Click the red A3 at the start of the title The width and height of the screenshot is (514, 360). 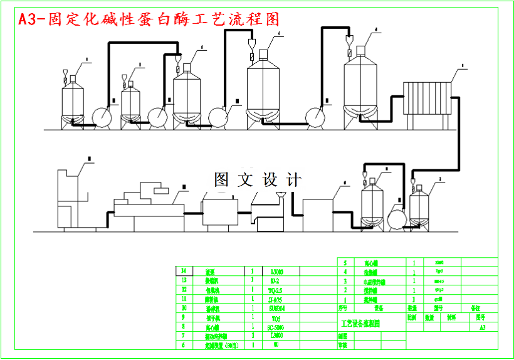point(27,19)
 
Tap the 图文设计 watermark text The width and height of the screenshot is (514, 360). point(258,180)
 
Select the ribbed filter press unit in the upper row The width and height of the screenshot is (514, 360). point(427,99)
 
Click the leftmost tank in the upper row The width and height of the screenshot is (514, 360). point(73,103)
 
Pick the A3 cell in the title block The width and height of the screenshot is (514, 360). point(482,327)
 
